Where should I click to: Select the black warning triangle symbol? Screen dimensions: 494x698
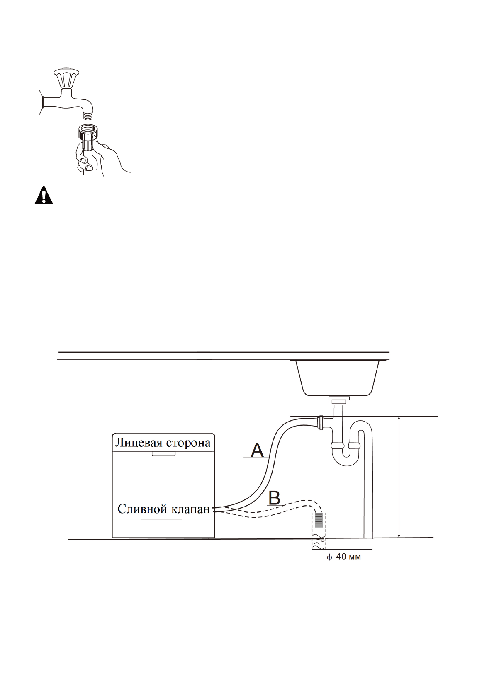pyautogui.click(x=44, y=196)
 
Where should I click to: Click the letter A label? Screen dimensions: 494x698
pyautogui.click(x=258, y=450)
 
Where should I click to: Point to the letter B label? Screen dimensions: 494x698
pyautogui.click(x=275, y=498)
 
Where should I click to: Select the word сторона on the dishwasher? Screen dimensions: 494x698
pyautogui.click(x=188, y=443)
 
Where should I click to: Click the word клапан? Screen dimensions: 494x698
pyautogui.click(x=191, y=509)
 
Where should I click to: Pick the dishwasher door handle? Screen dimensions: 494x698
pyautogui.click(x=163, y=454)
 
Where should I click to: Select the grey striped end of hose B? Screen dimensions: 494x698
pyautogui.click(x=319, y=519)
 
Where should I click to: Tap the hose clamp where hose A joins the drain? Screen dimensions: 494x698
pyautogui.click(x=320, y=423)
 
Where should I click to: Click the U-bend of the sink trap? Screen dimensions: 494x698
pyautogui.click(x=346, y=458)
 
